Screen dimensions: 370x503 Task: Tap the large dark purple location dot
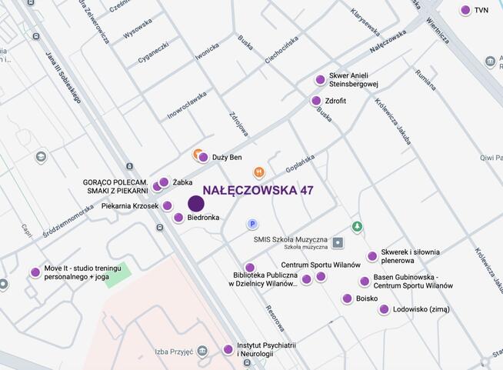click(196, 204)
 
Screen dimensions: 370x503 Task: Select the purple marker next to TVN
click(465, 10)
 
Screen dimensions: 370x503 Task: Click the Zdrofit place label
click(335, 101)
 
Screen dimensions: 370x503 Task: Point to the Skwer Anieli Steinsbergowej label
click(354, 80)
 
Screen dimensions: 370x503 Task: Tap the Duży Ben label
click(227, 158)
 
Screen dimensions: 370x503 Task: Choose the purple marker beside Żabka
click(164, 182)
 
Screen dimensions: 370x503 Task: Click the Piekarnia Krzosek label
click(130, 206)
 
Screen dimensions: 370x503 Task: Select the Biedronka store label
click(203, 218)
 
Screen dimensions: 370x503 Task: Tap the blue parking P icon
click(251, 224)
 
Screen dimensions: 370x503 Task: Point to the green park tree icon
click(356, 227)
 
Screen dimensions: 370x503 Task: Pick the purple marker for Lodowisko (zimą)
click(384, 309)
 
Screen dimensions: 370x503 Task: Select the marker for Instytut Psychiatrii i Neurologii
click(228, 350)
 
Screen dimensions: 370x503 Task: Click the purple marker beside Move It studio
click(35, 272)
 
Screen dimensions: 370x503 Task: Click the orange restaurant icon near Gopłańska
click(259, 172)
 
